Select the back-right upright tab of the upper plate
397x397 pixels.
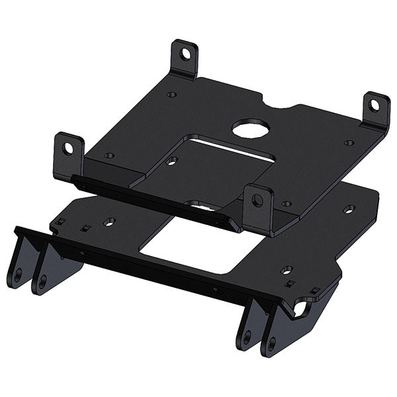[376, 109]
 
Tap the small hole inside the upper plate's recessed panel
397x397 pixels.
[171, 161]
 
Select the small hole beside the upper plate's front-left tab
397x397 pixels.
[110, 155]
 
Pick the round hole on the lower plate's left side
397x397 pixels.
[110, 221]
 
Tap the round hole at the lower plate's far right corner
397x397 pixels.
[349, 210]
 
